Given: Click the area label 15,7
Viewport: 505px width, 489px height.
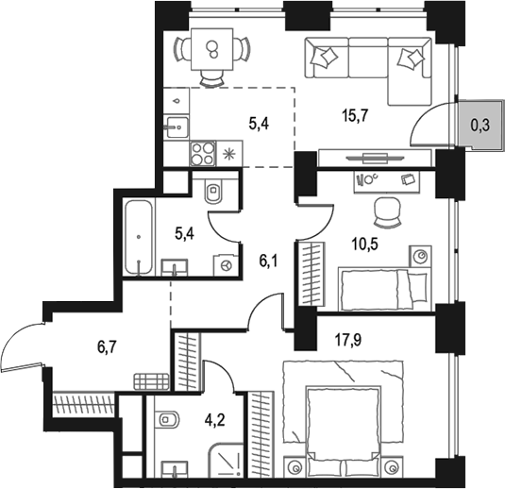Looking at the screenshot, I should tap(354, 116).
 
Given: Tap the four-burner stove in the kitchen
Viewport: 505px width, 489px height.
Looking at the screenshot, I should tap(203, 152).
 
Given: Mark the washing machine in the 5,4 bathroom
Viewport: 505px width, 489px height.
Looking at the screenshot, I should tap(226, 266).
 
